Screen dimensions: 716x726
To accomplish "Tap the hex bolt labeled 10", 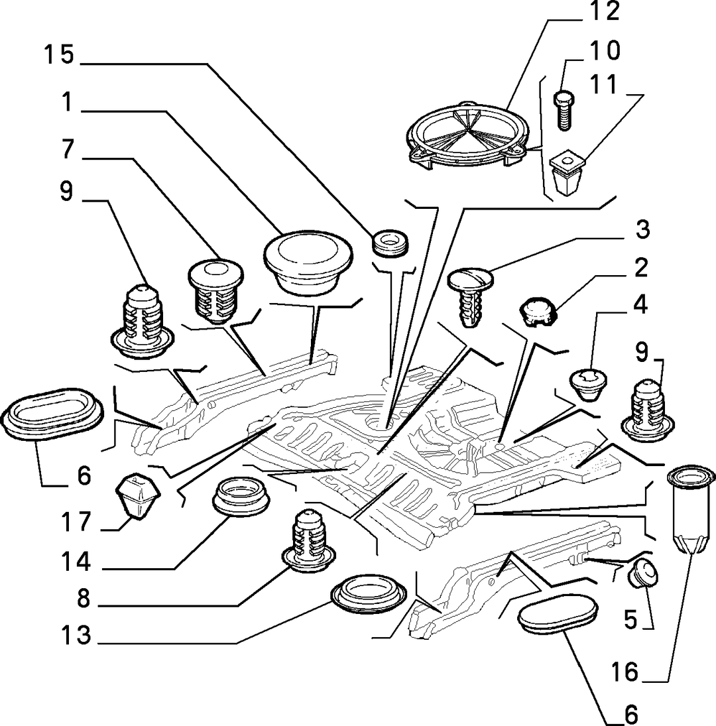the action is coord(564,111).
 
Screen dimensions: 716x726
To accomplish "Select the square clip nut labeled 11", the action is coord(567,174).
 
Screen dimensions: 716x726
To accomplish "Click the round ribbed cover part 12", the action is coord(467,134).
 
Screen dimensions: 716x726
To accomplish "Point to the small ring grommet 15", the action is coord(390,242).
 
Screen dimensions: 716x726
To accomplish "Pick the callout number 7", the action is coord(68,150).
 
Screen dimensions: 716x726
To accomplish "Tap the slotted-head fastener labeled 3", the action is coord(470,298).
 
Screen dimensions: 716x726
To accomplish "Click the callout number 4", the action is coord(640,305).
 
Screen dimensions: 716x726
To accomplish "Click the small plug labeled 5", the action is coord(643,574).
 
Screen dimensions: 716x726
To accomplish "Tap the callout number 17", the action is coord(76,522).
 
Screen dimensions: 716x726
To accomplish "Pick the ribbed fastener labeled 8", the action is coord(308,540).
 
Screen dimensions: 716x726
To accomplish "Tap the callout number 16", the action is coord(625,672).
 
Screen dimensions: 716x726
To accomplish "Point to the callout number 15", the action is coord(59,54).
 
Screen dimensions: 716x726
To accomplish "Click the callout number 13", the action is coord(76,635).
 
